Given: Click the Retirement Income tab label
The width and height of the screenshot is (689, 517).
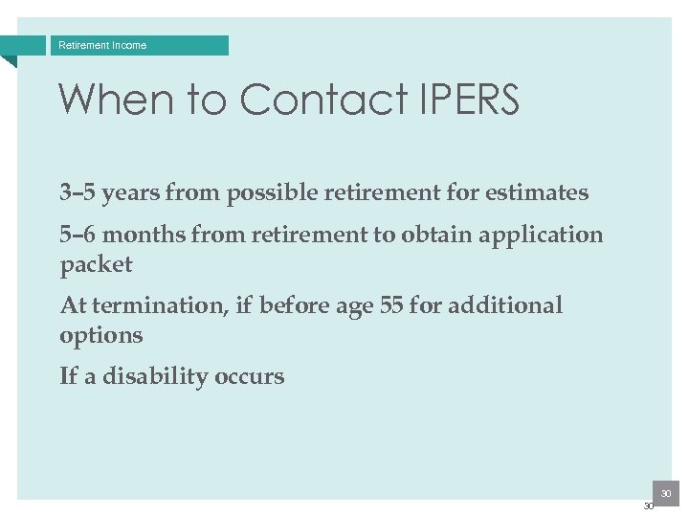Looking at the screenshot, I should click(102, 45).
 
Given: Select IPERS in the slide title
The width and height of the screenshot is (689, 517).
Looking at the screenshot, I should click(468, 100).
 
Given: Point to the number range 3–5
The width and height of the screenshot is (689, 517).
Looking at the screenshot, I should click(78, 192).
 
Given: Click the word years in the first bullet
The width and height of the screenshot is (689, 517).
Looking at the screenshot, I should click(131, 192).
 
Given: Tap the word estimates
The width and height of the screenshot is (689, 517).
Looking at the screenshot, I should click(536, 192).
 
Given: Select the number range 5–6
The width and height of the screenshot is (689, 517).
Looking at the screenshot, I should click(78, 235).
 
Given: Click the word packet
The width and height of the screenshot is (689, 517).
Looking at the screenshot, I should click(96, 265).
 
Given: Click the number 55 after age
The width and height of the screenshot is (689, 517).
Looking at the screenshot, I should click(393, 305).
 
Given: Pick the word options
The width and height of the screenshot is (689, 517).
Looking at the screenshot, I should click(101, 336).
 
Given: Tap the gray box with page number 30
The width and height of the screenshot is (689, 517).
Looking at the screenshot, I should click(665, 492).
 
